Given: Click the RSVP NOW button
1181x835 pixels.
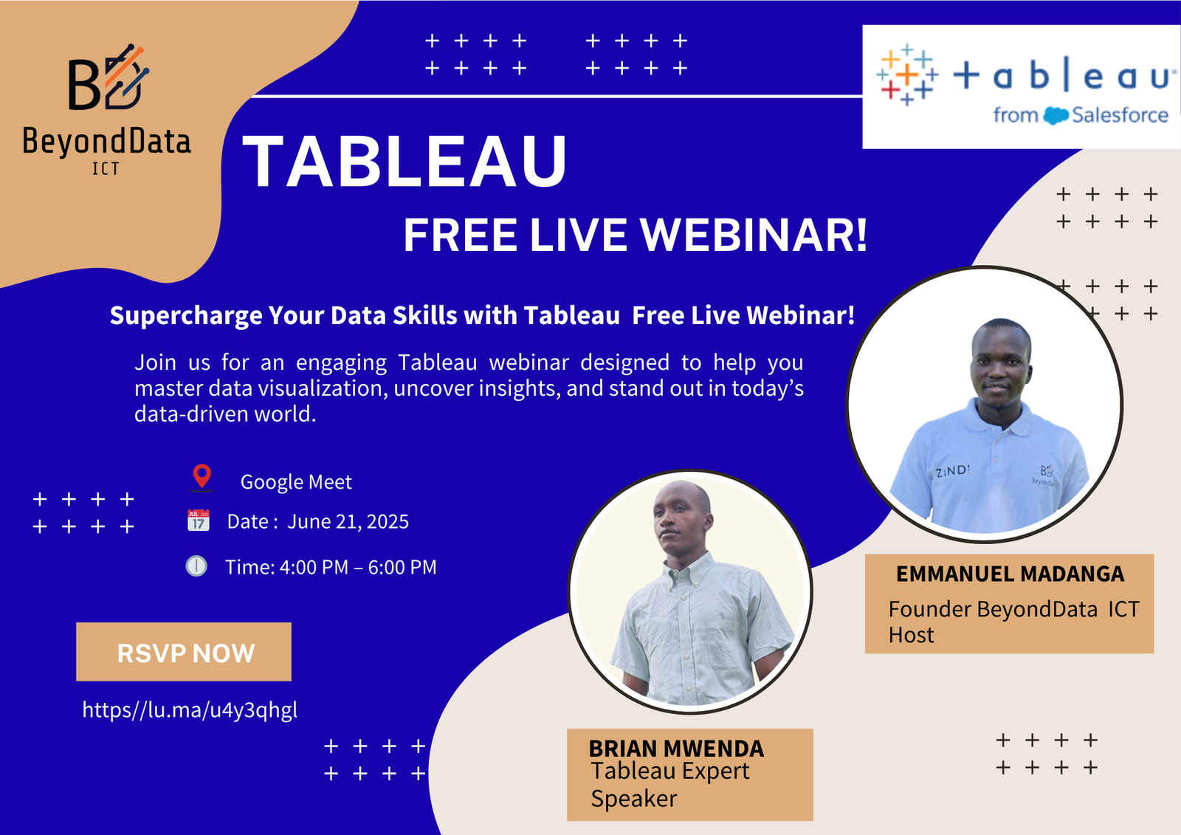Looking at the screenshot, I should tap(184, 652).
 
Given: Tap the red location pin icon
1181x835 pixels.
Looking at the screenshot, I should tap(202, 477).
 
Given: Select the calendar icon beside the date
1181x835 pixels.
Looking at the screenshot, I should tap(199, 520).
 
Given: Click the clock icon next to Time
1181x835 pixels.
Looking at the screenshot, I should tap(196, 566).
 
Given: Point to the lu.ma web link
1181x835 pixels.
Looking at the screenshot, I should tap(190, 709).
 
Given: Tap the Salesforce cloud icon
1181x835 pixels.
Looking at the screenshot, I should tap(1056, 116).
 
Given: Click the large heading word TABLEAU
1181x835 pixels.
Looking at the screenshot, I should tap(404, 162).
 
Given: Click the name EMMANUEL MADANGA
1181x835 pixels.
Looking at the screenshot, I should tap(1010, 574).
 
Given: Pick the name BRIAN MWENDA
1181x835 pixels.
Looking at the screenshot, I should tap(676, 748).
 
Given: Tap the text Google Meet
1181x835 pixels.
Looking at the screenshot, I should tap(296, 482).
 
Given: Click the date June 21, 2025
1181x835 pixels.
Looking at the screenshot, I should tap(348, 522).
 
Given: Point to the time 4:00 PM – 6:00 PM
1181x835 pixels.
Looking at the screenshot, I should tap(358, 567).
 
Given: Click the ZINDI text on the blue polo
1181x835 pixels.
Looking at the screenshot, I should tap(952, 470).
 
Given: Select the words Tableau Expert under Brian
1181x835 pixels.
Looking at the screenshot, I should tap(669, 771).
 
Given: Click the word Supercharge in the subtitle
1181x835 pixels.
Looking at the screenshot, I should tap(186, 316).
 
